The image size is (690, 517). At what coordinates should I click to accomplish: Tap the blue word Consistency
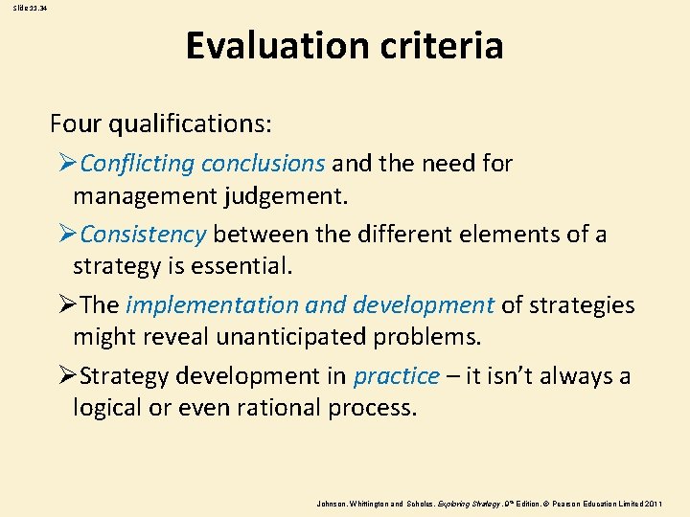[x=144, y=235]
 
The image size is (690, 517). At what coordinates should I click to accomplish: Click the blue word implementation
[x=212, y=305]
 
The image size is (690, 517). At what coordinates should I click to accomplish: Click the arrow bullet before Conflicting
[x=69, y=164]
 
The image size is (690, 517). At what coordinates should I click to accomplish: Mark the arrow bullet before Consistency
[x=69, y=235]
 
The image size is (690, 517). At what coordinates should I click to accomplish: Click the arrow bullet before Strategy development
[x=69, y=376]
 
